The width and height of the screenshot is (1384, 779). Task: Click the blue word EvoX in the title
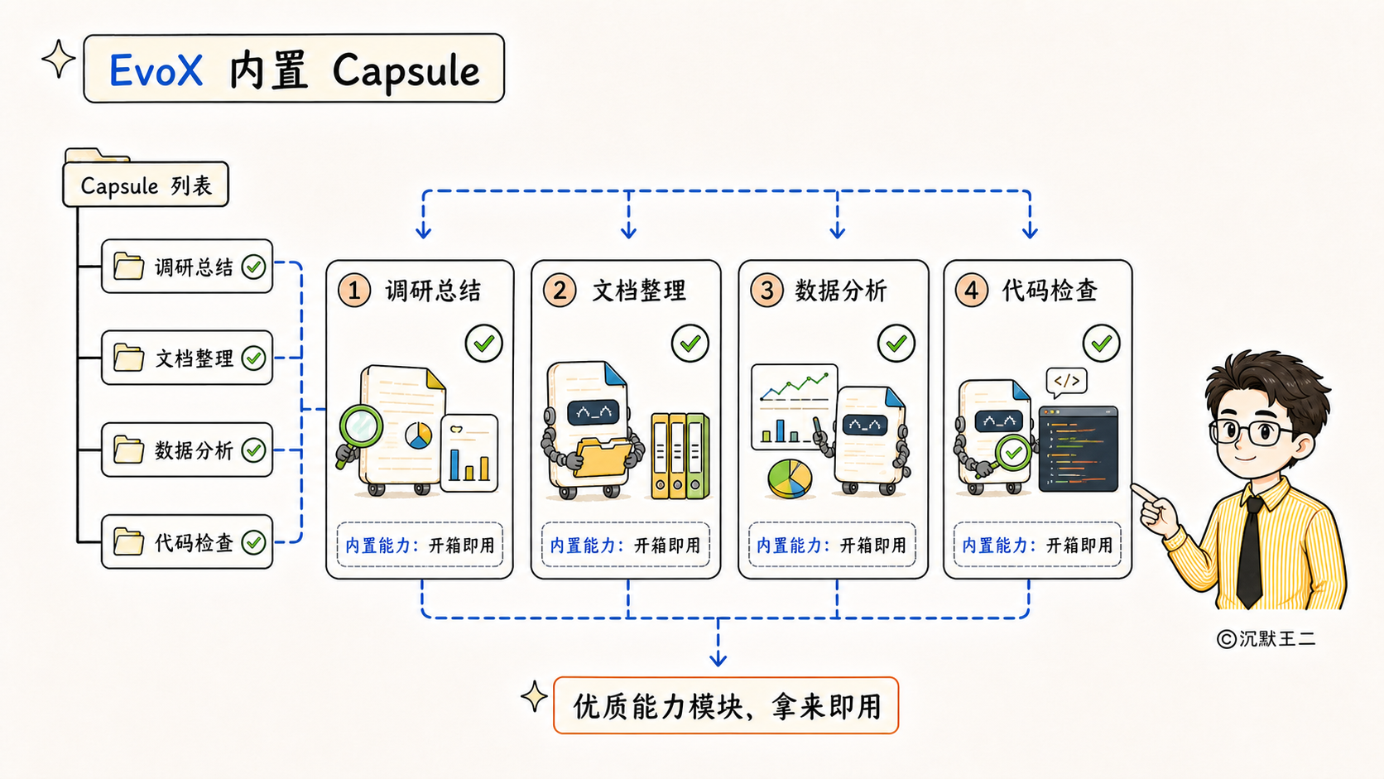tap(156, 70)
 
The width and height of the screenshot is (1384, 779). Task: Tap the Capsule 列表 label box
tap(146, 184)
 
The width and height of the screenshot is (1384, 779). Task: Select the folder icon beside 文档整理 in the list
tap(128, 358)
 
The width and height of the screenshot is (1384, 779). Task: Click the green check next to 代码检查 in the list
tap(253, 542)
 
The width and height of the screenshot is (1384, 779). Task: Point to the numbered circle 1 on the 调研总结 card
tap(354, 291)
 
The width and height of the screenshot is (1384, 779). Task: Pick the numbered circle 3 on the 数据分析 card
tap(766, 291)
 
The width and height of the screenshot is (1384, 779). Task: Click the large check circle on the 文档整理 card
tap(690, 343)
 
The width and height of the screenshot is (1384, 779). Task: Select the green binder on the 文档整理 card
tap(697, 456)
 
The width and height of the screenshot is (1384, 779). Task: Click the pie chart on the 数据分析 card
tap(789, 478)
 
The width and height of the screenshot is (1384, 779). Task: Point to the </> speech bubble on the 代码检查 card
tap(1066, 382)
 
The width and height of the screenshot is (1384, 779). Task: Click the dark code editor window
tap(1079, 449)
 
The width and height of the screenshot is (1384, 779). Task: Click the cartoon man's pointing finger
tap(1143, 493)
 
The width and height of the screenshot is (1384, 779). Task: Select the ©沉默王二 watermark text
tap(1266, 639)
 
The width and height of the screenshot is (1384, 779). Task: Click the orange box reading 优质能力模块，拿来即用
tap(726, 705)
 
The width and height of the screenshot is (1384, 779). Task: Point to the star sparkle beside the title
tap(59, 60)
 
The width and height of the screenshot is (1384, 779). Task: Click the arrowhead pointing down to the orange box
tap(718, 658)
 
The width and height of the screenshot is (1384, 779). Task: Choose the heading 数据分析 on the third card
tap(841, 291)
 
